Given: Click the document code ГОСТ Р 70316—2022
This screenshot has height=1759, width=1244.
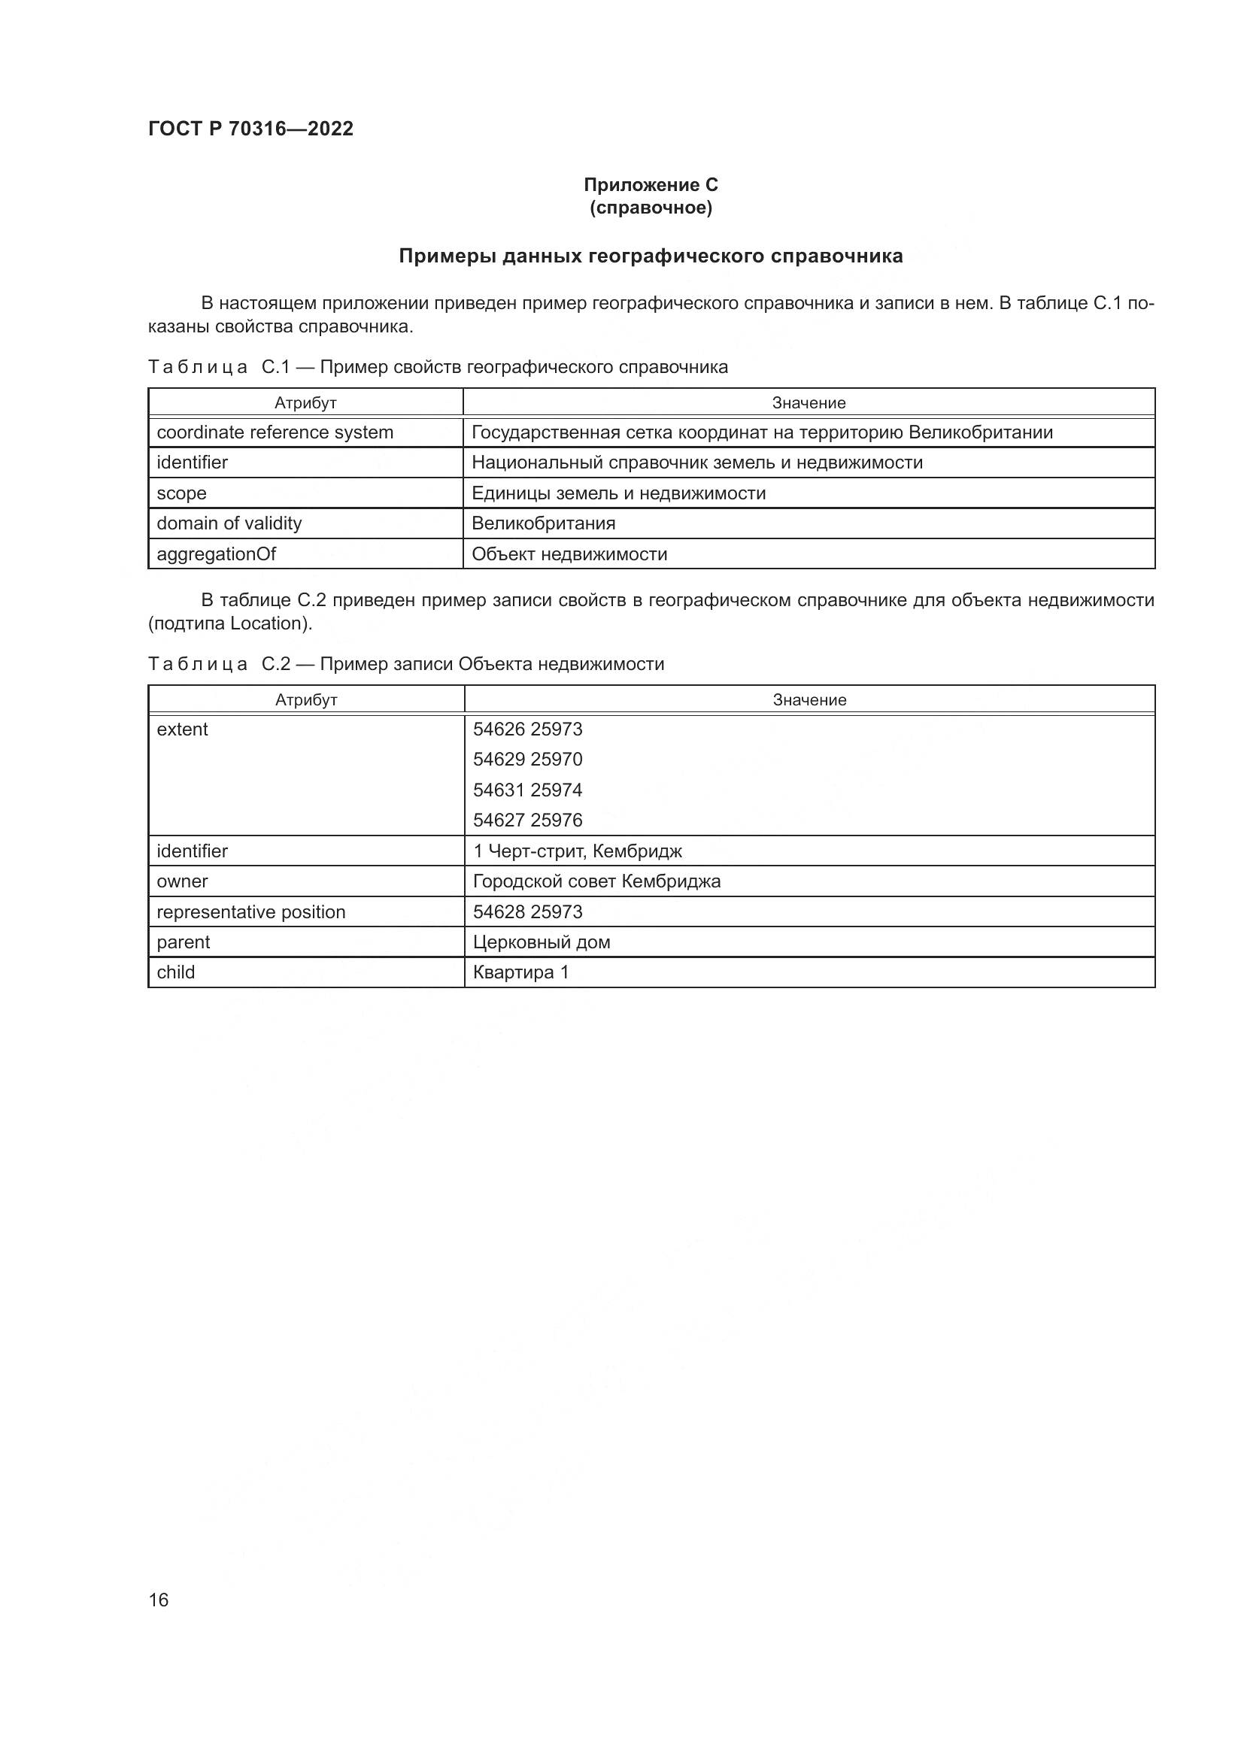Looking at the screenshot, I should (250, 129).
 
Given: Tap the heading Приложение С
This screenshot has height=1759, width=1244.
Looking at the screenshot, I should (651, 185).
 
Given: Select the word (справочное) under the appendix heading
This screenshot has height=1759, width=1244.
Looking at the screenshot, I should (651, 208).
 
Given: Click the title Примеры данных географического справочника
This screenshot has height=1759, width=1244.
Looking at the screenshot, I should (651, 256).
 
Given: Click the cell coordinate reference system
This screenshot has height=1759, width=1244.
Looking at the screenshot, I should (275, 433).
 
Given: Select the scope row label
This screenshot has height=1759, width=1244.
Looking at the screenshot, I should (181, 493).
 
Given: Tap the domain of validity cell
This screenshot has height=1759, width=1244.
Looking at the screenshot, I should (229, 523).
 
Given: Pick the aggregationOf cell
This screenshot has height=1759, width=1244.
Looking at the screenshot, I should (216, 554).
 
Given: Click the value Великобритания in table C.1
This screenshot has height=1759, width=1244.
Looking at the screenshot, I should (543, 523).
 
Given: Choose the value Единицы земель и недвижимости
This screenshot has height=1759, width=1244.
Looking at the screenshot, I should (618, 493).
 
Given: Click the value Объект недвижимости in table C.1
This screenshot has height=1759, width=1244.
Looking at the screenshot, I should (569, 554).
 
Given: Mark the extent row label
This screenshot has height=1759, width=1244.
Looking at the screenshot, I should (182, 729).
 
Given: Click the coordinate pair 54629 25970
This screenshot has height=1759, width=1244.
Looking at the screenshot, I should (528, 760).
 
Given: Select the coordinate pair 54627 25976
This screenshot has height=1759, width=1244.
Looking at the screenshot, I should (528, 820).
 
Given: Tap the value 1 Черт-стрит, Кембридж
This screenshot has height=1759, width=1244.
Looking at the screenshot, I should (577, 851).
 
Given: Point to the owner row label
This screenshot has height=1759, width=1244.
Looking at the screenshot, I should (182, 881).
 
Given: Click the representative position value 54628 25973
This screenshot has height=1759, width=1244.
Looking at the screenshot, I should (528, 911).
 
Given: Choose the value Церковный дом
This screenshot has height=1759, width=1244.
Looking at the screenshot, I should (542, 942).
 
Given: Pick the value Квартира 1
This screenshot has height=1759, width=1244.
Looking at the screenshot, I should (521, 972).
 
